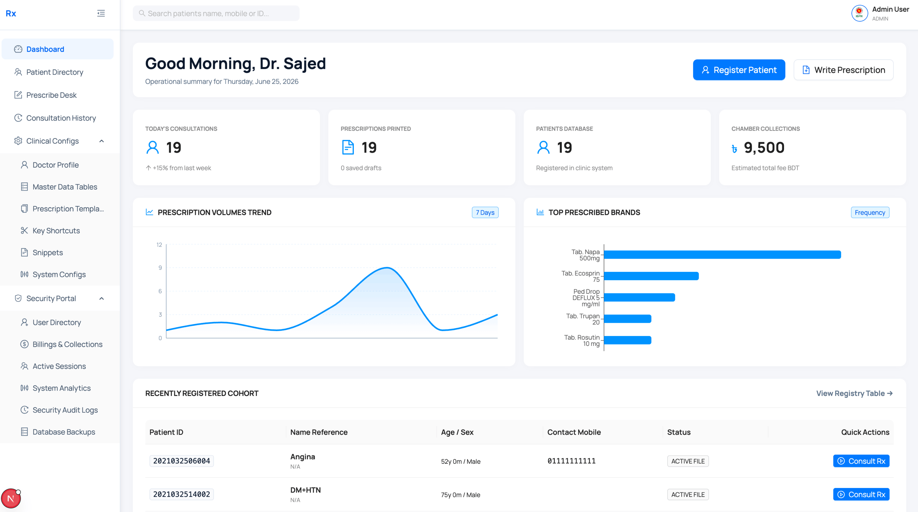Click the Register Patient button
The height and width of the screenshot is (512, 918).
pos(739,70)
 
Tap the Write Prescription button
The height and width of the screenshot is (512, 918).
pos(843,70)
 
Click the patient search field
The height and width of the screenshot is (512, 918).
pos(216,13)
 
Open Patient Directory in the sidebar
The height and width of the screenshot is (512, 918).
pos(55,72)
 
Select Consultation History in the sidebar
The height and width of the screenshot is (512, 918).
pos(61,118)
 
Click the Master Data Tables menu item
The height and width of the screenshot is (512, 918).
pos(64,187)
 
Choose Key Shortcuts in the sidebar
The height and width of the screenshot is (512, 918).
pos(56,231)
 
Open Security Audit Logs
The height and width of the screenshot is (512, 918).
pos(65,410)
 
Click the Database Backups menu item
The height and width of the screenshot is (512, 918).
pos(64,432)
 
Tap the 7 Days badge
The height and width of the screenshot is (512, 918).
pos(485,213)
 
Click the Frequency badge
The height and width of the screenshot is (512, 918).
pos(870,213)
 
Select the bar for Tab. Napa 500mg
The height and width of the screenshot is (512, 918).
pos(723,255)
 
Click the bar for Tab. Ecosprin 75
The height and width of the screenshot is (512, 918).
pos(651,276)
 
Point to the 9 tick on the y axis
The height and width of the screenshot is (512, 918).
pos(160,268)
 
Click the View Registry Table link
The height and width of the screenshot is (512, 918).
pos(854,393)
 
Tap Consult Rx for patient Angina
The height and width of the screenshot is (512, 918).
pos(861,461)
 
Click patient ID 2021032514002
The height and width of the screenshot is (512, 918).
pos(181,494)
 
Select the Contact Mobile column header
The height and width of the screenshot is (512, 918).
pos(574,432)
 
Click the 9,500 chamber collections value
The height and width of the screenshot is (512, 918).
pos(764,147)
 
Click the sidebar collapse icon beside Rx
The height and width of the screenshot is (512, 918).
pos(101,13)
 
